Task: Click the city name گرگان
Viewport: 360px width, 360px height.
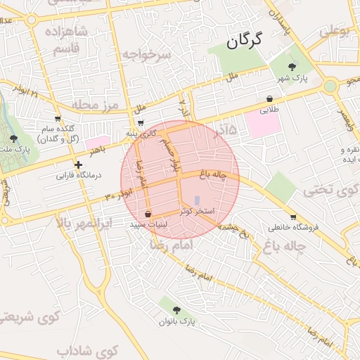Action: point(244,42)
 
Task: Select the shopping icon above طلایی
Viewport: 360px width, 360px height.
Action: point(271,98)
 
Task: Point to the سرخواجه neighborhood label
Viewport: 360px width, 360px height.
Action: point(146,55)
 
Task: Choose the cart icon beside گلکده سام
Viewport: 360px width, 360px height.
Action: point(58,119)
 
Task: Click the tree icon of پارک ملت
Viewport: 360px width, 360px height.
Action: point(14,139)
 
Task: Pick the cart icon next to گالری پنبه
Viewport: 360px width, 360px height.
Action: point(141,124)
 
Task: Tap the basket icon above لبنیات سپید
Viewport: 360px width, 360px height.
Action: point(148,214)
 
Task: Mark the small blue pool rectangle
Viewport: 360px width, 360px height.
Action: point(196,200)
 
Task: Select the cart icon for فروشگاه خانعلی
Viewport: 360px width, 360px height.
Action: point(292,217)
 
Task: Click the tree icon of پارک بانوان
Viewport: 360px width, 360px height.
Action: point(176,309)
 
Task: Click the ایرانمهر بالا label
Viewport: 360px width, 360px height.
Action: point(83,224)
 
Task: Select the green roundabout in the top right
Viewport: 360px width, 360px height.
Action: point(329,86)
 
